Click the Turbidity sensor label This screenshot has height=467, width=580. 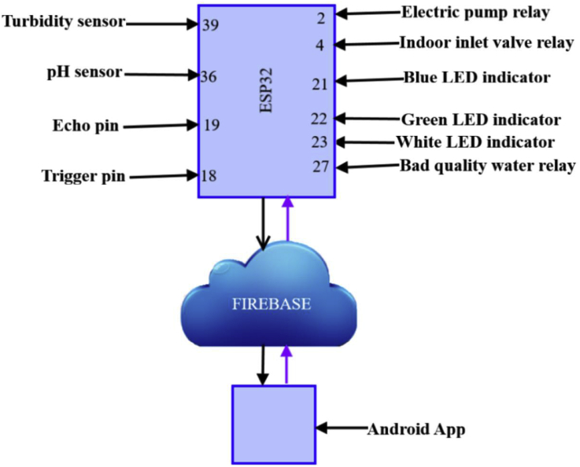point(64,21)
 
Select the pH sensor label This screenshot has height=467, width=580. point(84,72)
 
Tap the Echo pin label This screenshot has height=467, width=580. point(86,125)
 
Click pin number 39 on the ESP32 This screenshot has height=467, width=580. point(210,25)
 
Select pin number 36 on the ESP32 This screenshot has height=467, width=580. point(209,76)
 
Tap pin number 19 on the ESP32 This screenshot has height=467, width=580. point(211,125)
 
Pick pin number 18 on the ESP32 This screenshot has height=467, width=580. point(209,176)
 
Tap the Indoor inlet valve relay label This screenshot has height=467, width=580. point(486,43)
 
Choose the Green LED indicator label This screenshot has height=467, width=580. point(481,120)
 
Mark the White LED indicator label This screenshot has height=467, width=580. point(476,142)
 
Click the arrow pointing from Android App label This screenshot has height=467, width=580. point(342,429)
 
